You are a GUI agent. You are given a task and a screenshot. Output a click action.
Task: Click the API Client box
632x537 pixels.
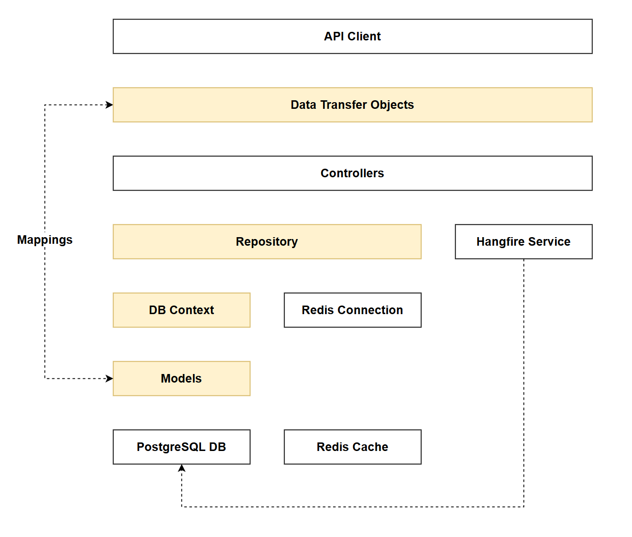(x=352, y=37)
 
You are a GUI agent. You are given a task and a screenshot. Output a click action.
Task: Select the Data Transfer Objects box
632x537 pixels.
(x=352, y=105)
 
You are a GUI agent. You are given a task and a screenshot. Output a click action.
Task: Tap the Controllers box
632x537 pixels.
(x=352, y=173)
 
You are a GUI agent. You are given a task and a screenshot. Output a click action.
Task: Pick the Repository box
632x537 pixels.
(x=267, y=242)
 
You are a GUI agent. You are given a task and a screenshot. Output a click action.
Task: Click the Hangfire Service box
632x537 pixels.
(x=523, y=242)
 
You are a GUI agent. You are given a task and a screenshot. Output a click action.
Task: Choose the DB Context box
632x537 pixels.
(x=181, y=310)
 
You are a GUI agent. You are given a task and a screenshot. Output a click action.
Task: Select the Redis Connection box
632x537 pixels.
(x=352, y=310)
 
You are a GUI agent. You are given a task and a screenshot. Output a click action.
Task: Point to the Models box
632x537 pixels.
(x=181, y=379)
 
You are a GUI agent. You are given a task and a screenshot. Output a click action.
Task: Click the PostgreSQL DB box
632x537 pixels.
(x=181, y=447)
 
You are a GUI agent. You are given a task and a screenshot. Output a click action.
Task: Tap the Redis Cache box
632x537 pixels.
(x=352, y=447)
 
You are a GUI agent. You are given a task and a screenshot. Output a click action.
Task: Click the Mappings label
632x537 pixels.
(x=45, y=240)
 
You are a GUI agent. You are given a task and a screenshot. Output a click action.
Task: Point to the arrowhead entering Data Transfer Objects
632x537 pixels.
(x=109, y=105)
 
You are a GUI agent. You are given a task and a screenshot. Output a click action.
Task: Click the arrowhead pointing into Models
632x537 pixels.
(x=109, y=379)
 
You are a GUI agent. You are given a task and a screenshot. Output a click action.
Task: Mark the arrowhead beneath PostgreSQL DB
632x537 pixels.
(x=182, y=469)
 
